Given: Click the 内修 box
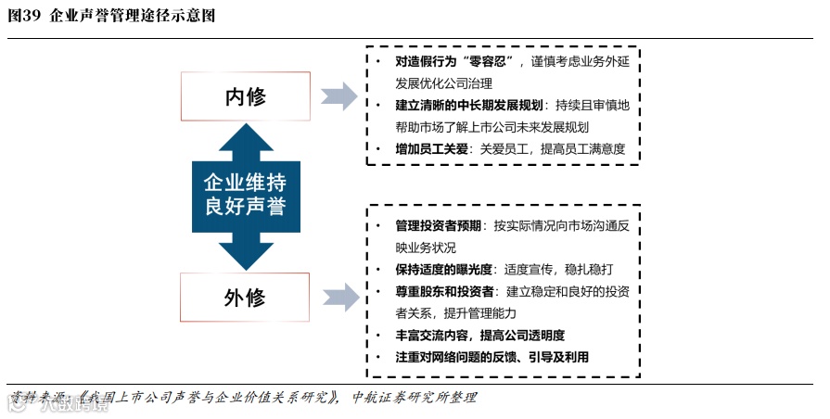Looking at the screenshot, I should point(245,97).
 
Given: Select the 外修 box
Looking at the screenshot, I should point(245,298).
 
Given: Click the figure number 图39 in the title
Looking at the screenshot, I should point(25,16).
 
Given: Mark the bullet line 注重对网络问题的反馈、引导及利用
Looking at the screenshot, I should point(492,357).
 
